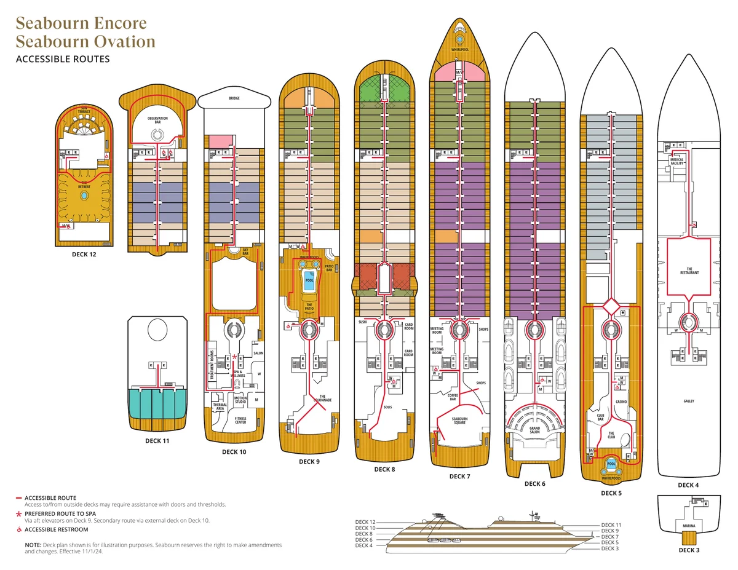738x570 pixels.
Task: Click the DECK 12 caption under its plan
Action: [84, 253]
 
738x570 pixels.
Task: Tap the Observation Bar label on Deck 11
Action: [157, 121]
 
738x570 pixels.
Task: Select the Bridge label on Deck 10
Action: [234, 98]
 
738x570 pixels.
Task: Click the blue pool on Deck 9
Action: [309, 280]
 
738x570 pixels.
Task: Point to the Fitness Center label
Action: [240, 421]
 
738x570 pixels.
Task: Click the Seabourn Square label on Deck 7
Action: [459, 421]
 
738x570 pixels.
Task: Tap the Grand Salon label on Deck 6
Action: [534, 429]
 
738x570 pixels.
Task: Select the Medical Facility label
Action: [677, 161]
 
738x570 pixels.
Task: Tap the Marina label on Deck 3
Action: [689, 526]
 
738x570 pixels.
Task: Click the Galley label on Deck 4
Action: [688, 401]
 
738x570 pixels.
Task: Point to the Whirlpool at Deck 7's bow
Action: [459, 50]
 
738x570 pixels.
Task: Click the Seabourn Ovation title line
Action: [85, 42]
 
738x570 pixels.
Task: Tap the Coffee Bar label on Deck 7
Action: [453, 397]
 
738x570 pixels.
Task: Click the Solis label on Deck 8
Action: [387, 406]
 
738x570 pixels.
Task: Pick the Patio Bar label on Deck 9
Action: [328, 268]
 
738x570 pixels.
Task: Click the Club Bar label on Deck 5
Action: [600, 418]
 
